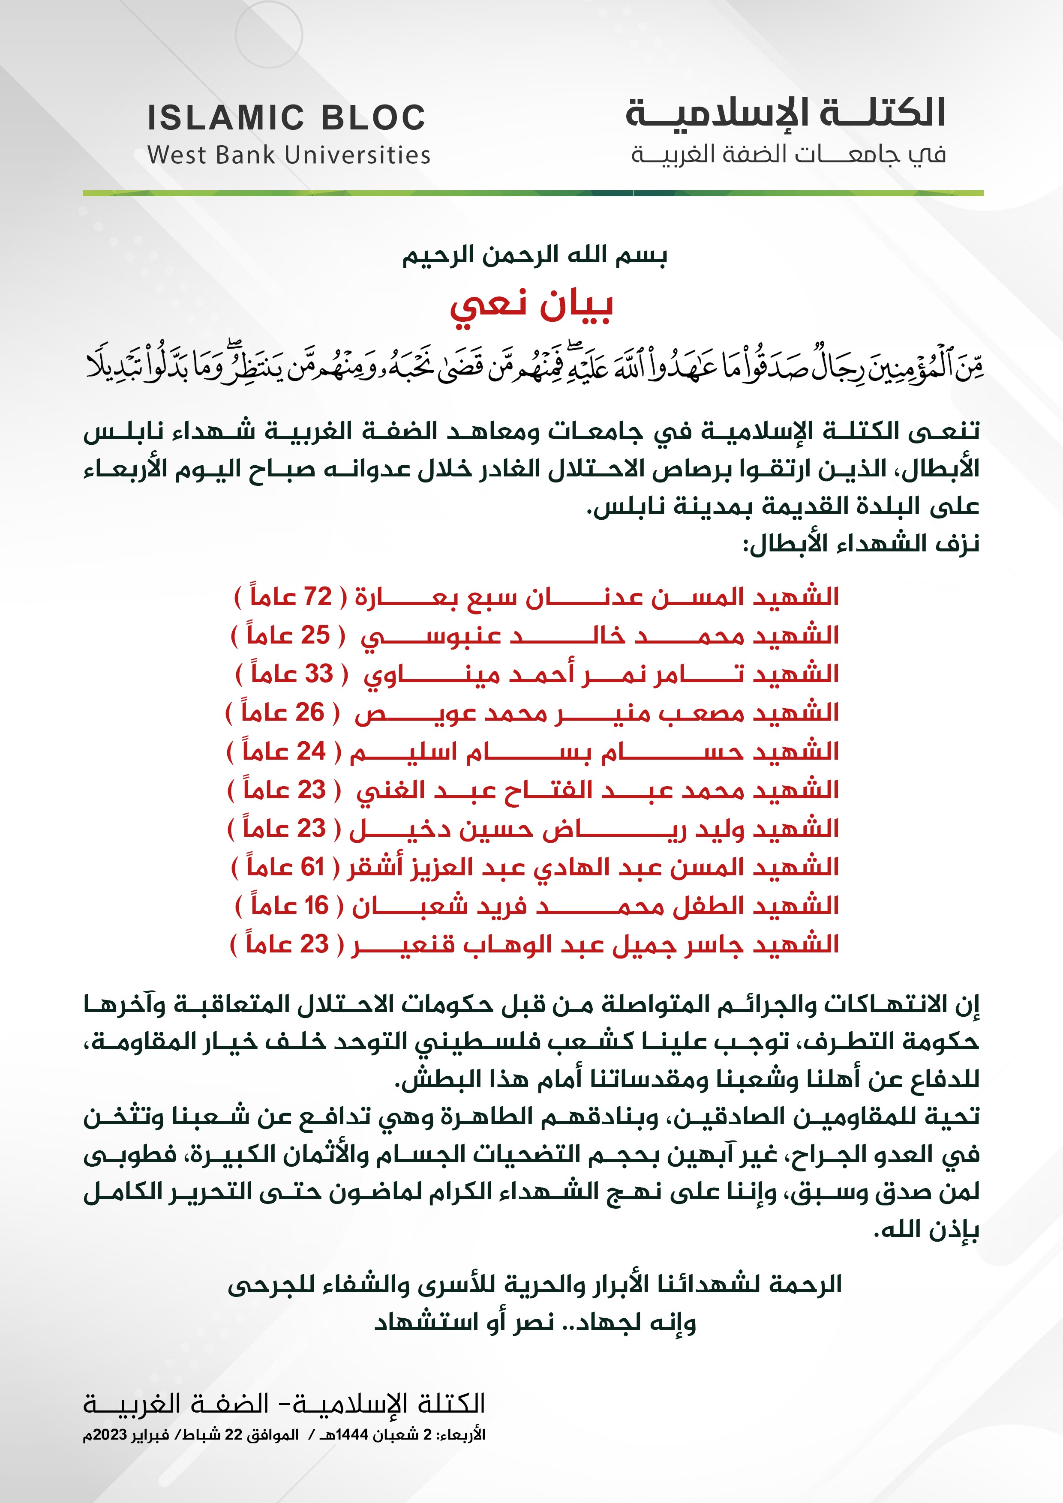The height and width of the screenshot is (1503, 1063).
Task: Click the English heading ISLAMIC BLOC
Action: (286, 118)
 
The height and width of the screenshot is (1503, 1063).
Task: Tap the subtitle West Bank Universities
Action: (289, 155)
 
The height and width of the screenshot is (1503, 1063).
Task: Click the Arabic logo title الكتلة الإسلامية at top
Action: (785, 113)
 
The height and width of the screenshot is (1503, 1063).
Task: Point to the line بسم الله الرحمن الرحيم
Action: (535, 255)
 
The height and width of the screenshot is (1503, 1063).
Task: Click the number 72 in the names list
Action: (318, 596)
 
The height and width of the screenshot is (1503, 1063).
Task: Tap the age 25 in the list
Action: (315, 635)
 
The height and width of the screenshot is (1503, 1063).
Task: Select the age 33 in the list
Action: (319, 673)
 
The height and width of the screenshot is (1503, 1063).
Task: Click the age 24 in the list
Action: (310, 751)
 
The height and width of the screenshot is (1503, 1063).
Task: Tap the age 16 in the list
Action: (316, 906)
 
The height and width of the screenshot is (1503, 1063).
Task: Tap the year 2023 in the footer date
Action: (111, 1435)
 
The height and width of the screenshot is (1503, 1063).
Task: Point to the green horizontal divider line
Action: (533, 193)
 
